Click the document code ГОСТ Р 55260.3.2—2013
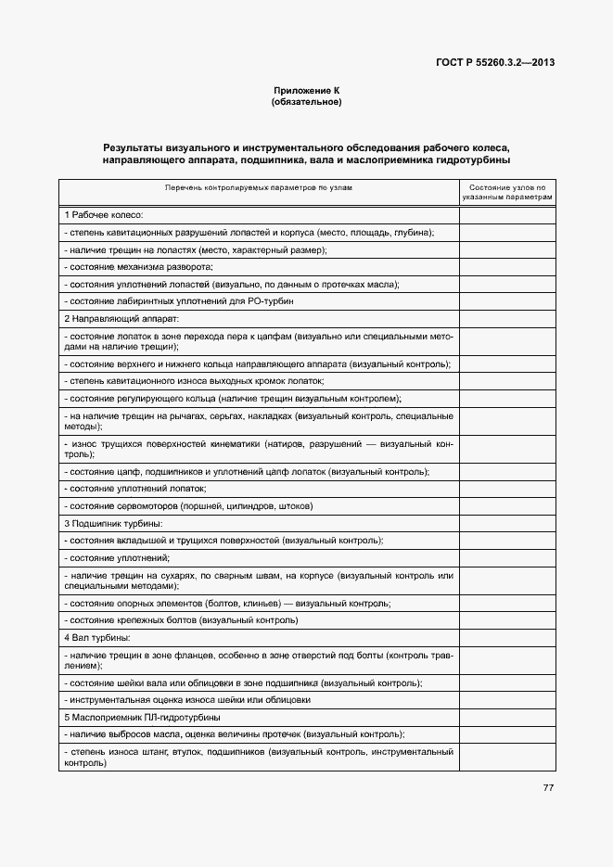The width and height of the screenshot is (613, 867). (495, 63)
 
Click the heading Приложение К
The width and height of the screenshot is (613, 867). (306, 90)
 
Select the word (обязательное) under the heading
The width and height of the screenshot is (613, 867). (306, 101)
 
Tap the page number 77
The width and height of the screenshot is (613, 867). (548, 788)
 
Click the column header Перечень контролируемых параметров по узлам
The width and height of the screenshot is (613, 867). (259, 187)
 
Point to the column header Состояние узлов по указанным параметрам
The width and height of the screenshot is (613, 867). (507, 192)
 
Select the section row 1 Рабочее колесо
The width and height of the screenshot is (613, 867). (103, 214)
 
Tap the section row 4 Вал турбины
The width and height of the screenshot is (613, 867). (96, 638)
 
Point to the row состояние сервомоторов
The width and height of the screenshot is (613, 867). (189, 506)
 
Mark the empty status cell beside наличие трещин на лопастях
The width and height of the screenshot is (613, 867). (507, 249)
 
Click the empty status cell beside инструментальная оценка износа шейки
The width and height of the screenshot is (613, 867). (507, 700)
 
